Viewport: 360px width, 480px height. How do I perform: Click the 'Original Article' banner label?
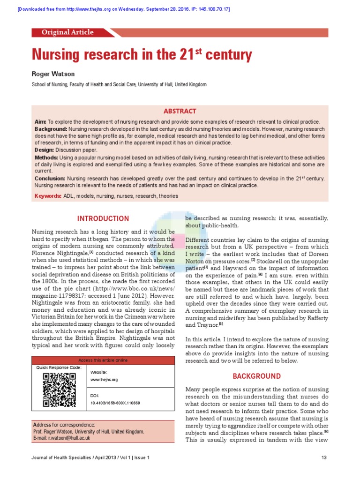(x=67, y=32)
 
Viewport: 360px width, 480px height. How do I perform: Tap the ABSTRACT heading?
(x=180, y=111)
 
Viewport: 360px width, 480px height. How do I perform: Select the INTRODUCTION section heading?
(x=103, y=218)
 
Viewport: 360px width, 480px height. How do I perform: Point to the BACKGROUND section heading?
(x=257, y=376)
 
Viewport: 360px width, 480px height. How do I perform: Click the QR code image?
(x=59, y=390)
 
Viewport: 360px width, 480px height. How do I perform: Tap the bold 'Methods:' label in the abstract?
(x=46, y=157)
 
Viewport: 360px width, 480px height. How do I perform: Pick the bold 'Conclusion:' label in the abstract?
(x=50, y=179)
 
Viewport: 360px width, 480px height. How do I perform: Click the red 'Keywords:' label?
(x=48, y=195)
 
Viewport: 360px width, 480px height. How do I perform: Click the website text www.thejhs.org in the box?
(x=104, y=379)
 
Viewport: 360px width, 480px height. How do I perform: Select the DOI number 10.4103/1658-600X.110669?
(x=114, y=403)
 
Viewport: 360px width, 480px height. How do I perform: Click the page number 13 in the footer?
(x=324, y=457)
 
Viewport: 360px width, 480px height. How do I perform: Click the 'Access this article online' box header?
(x=103, y=360)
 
